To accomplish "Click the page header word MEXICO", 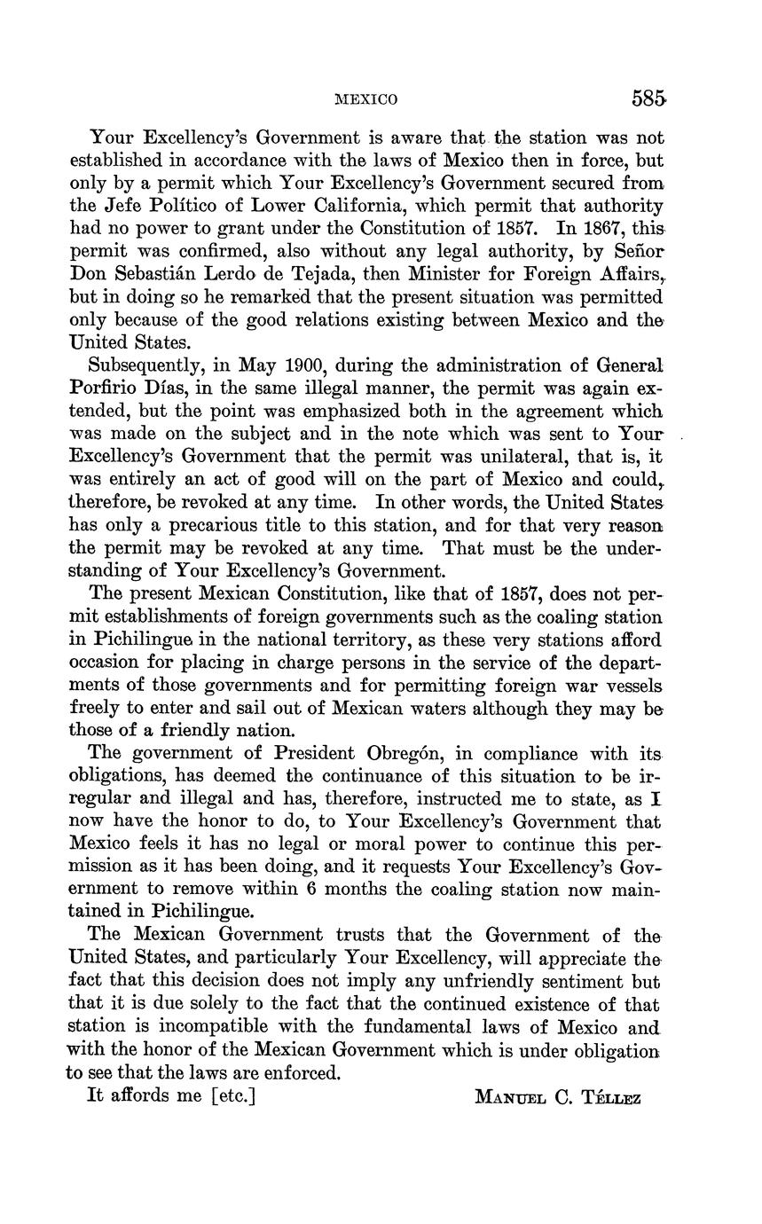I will point(366,99).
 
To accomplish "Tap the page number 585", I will point(648,98).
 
